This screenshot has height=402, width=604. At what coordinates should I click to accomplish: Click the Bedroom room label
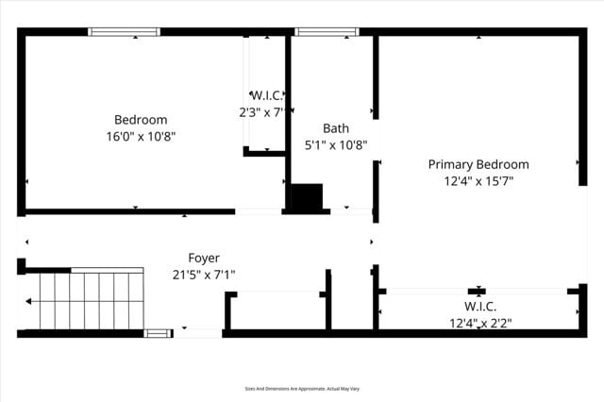click(x=141, y=120)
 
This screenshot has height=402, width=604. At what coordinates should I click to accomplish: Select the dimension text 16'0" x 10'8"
click(x=141, y=136)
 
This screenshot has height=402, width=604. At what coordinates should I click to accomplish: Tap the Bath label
click(x=335, y=128)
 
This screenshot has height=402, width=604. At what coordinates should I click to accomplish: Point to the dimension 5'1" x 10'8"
click(x=335, y=145)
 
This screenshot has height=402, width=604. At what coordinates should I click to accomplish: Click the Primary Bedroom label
click(x=478, y=164)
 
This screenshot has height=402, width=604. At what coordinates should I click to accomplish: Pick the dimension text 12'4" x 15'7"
click(x=478, y=181)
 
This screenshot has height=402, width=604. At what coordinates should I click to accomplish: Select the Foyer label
click(x=204, y=258)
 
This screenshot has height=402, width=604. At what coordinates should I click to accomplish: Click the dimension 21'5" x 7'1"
click(x=204, y=275)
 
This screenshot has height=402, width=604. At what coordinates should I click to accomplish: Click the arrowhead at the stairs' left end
click(x=28, y=302)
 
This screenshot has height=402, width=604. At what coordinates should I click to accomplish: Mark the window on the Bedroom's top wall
click(x=124, y=32)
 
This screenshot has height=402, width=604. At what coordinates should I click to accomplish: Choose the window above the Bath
click(x=327, y=32)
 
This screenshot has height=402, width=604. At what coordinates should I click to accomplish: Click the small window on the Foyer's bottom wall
click(x=158, y=332)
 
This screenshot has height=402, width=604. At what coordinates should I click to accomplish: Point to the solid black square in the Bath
click(x=307, y=197)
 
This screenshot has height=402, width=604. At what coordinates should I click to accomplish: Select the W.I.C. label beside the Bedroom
click(x=266, y=95)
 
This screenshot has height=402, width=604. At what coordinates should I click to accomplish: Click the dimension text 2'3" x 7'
click(x=261, y=111)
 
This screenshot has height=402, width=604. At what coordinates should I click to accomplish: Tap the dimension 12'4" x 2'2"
click(x=480, y=323)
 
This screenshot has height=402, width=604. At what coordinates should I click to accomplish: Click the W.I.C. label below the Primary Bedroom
click(x=479, y=307)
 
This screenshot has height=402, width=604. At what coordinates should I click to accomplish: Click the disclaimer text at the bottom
click(x=301, y=388)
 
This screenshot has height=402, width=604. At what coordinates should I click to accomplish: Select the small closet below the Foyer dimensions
click(x=277, y=311)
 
